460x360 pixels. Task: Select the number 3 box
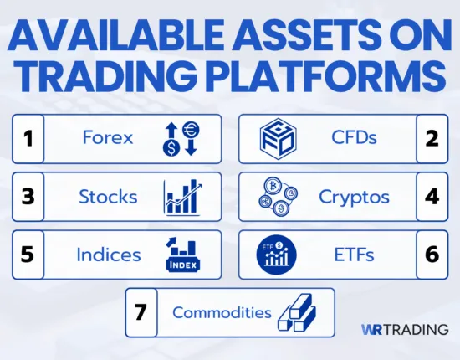point(28,197)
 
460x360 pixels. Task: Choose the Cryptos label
point(355,197)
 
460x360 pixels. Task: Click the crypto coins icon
point(275,197)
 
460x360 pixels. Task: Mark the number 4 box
point(432,197)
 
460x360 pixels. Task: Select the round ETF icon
point(275,255)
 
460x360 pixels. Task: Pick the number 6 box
point(432,255)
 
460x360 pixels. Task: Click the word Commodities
point(222,312)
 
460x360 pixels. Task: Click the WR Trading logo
point(405,330)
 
